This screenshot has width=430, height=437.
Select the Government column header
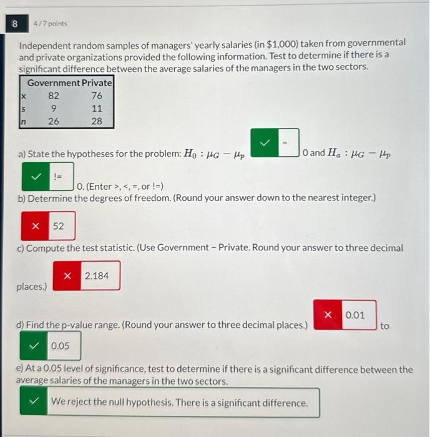54,82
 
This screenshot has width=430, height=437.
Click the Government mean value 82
54,96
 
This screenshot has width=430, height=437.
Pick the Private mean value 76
96,96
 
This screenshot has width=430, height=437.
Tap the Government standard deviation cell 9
54,108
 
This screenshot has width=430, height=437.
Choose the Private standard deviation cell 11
96,108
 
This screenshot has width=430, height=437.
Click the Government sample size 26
54,121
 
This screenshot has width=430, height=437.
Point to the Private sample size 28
96,121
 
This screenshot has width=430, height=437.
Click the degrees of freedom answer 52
58,225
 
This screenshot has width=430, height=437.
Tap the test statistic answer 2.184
97,275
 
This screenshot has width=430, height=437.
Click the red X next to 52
36,225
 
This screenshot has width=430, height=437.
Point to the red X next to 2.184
67,275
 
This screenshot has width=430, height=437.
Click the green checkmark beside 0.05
36,346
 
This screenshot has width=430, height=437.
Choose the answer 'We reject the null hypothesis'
180,403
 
